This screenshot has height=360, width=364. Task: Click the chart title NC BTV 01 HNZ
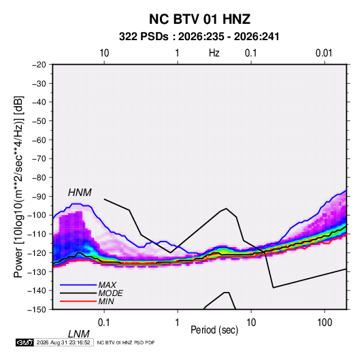(x=199, y=19)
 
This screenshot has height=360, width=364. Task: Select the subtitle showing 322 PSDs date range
(x=199, y=37)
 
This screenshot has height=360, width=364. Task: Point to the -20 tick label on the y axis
(x=39, y=65)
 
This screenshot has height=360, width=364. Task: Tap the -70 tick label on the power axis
(x=39, y=159)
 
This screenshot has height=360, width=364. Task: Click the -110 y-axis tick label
(x=37, y=234)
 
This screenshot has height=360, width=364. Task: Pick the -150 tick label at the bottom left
(x=37, y=310)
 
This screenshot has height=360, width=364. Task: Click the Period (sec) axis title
(x=214, y=330)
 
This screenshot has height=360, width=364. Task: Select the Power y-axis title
(x=18, y=187)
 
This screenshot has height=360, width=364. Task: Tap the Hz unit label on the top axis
(x=214, y=53)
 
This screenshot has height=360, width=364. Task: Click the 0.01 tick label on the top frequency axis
(x=324, y=53)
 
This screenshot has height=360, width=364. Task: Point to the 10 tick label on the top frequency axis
(x=104, y=53)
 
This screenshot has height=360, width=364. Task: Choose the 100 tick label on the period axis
(x=325, y=323)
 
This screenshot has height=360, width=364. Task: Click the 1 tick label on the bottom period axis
(x=177, y=323)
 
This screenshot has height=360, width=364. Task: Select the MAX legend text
(x=107, y=285)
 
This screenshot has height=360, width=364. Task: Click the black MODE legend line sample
(x=78, y=293)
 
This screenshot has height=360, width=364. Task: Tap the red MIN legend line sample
(x=78, y=301)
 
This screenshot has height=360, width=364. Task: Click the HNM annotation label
(x=80, y=193)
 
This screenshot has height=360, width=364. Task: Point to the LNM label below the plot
(x=79, y=334)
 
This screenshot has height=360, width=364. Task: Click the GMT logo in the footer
(x=25, y=342)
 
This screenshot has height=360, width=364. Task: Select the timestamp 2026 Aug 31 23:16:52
(x=63, y=342)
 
